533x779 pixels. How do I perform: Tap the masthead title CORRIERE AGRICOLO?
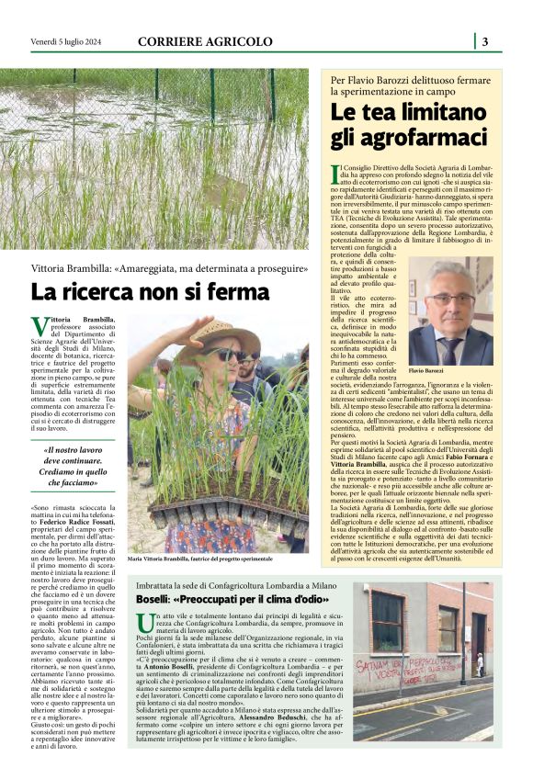click(x=205, y=41)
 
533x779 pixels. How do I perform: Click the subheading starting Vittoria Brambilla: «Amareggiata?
click(x=170, y=269)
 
